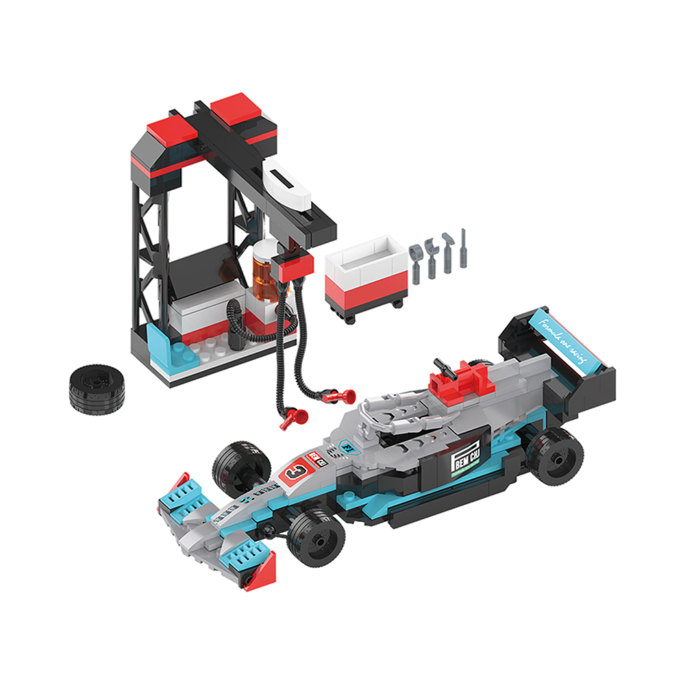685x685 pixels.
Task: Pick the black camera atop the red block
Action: coord(445,368)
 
